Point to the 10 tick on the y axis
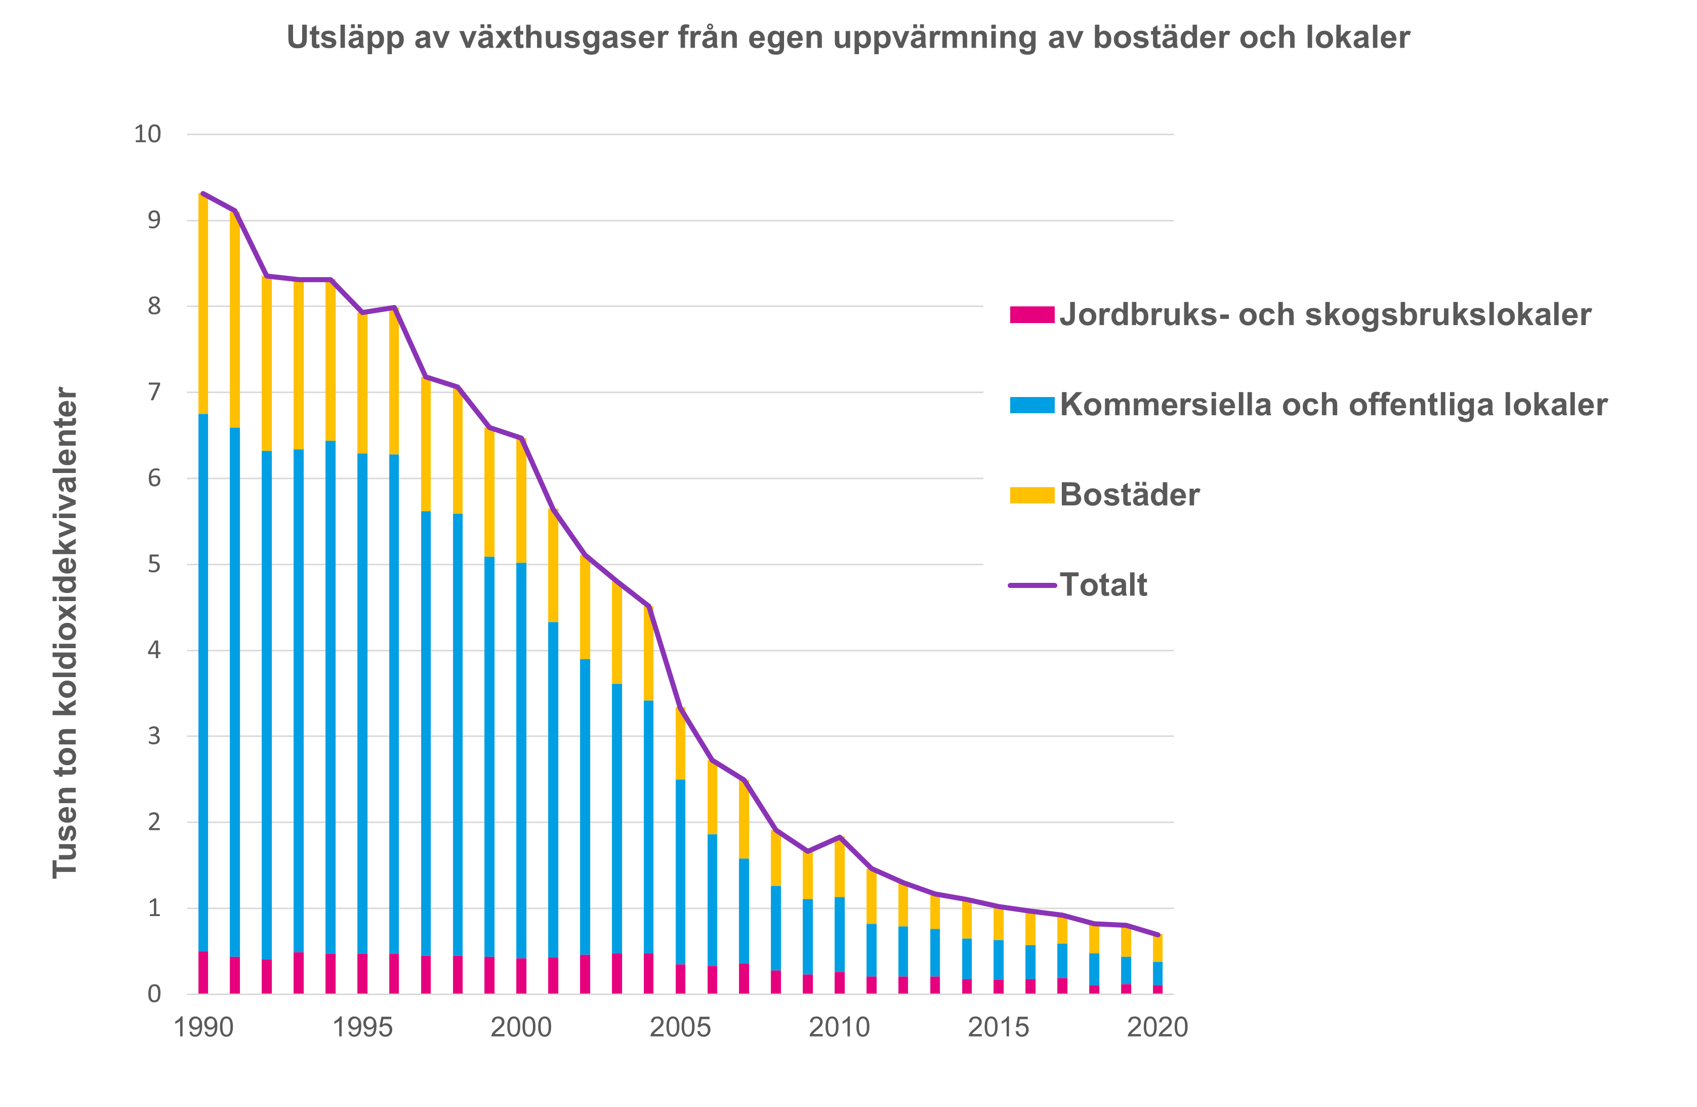click(x=148, y=134)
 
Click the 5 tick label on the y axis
click(x=154, y=564)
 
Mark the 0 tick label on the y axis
click(x=154, y=994)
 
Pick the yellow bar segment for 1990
click(x=203, y=304)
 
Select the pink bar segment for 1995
click(x=362, y=974)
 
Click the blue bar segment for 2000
click(x=521, y=760)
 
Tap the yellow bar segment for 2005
click(x=680, y=743)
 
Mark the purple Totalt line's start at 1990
click(x=203, y=193)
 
